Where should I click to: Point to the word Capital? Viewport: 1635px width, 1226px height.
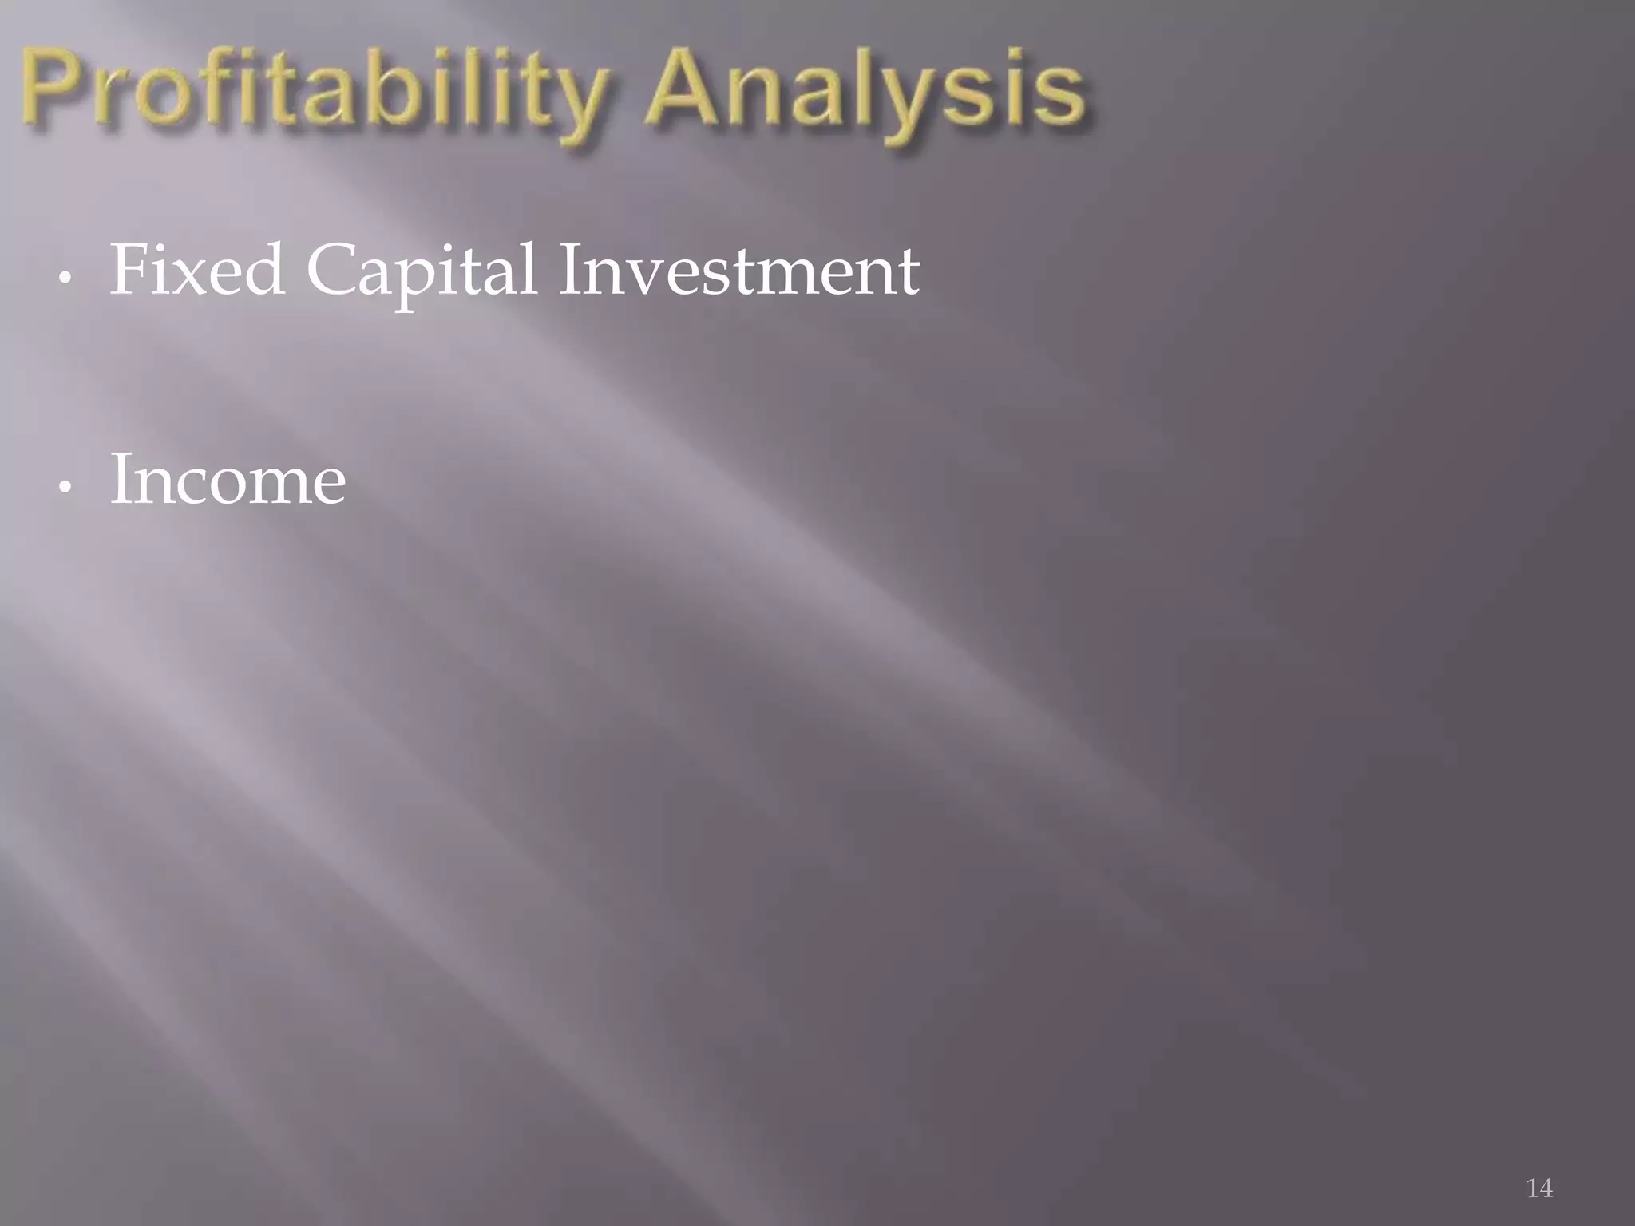(421, 271)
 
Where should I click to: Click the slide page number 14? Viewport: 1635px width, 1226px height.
(1539, 1188)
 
